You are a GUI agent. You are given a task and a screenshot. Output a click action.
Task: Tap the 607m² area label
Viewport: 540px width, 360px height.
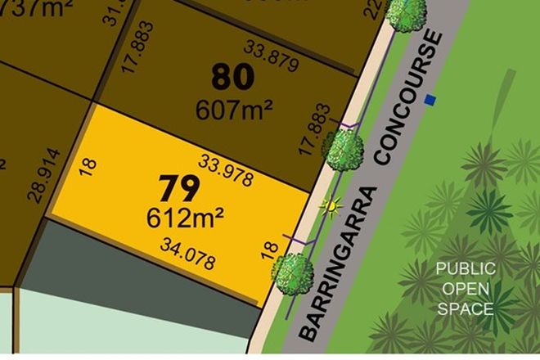click(x=233, y=108)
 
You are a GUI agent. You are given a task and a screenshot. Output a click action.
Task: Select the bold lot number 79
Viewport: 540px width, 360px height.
click(x=179, y=189)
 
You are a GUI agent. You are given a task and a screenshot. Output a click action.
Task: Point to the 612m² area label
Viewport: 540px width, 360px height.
click(x=186, y=218)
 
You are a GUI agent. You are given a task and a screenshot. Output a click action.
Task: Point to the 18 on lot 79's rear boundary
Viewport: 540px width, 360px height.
click(x=88, y=169)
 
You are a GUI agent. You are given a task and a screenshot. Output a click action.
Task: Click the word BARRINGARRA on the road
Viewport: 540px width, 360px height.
click(x=338, y=263)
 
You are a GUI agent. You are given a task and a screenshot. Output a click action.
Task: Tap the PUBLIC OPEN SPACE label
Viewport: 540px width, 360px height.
click(x=465, y=288)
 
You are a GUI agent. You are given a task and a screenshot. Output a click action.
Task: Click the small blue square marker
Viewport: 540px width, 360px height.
click(x=430, y=101)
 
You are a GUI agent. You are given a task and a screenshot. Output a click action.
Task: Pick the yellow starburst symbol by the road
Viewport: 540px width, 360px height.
click(x=331, y=206)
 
